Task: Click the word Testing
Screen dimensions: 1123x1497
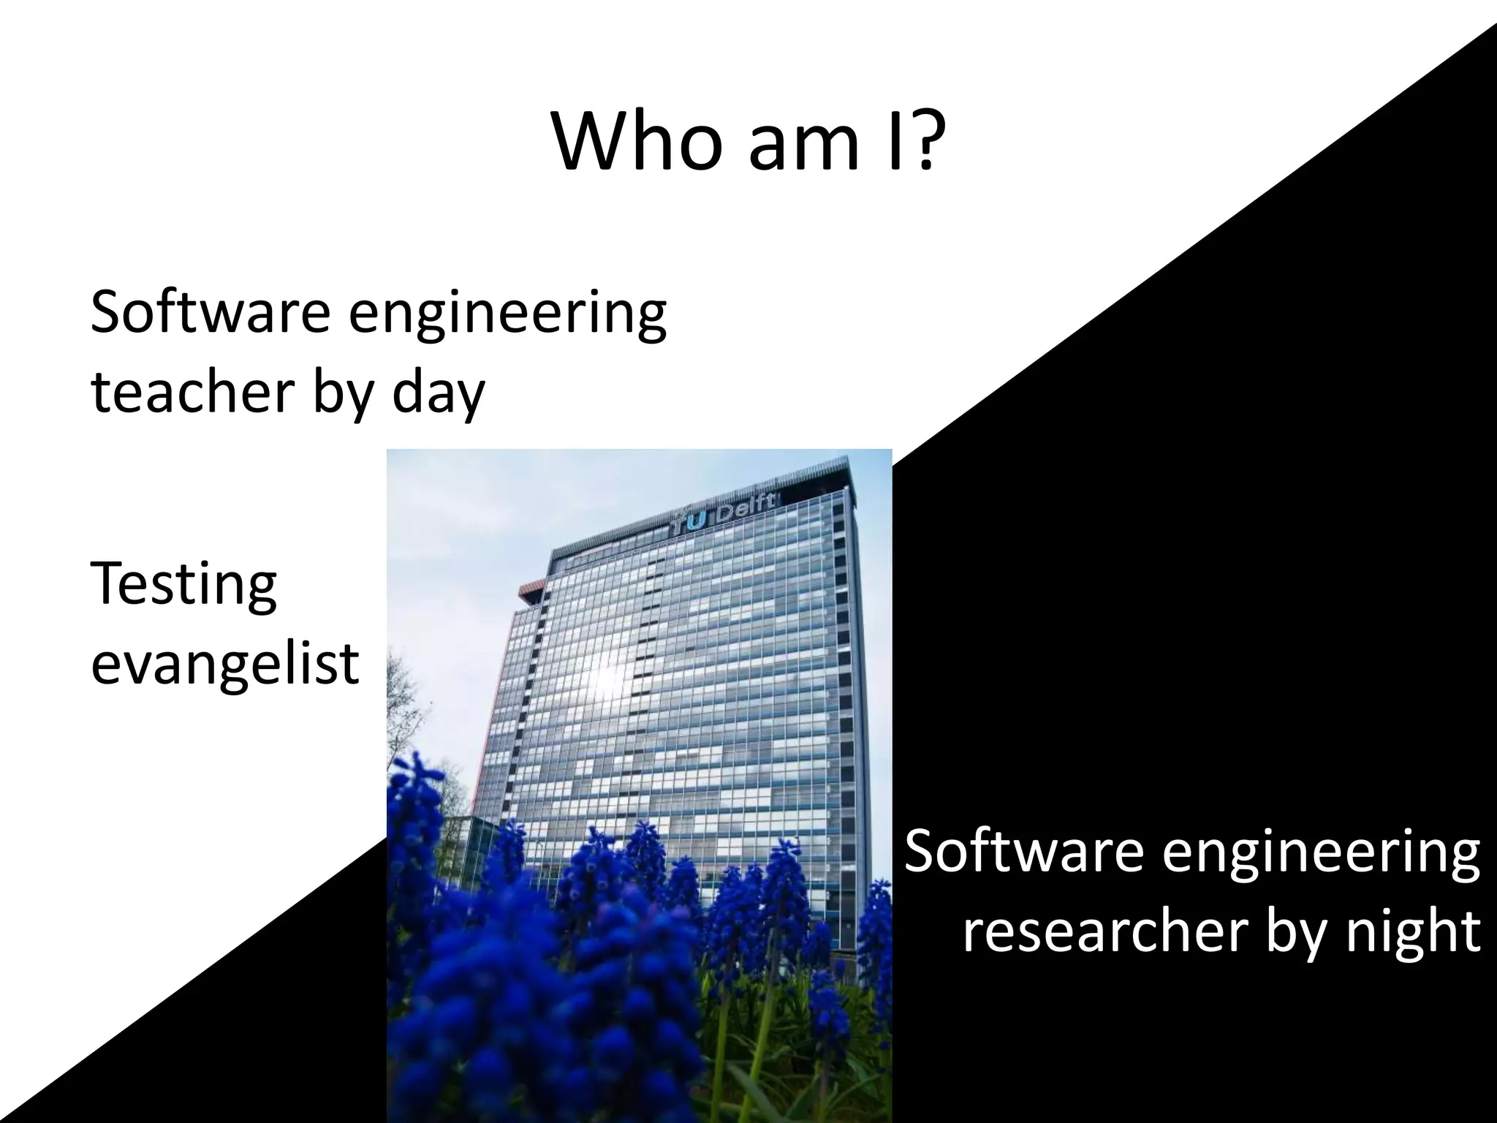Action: click(183, 585)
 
